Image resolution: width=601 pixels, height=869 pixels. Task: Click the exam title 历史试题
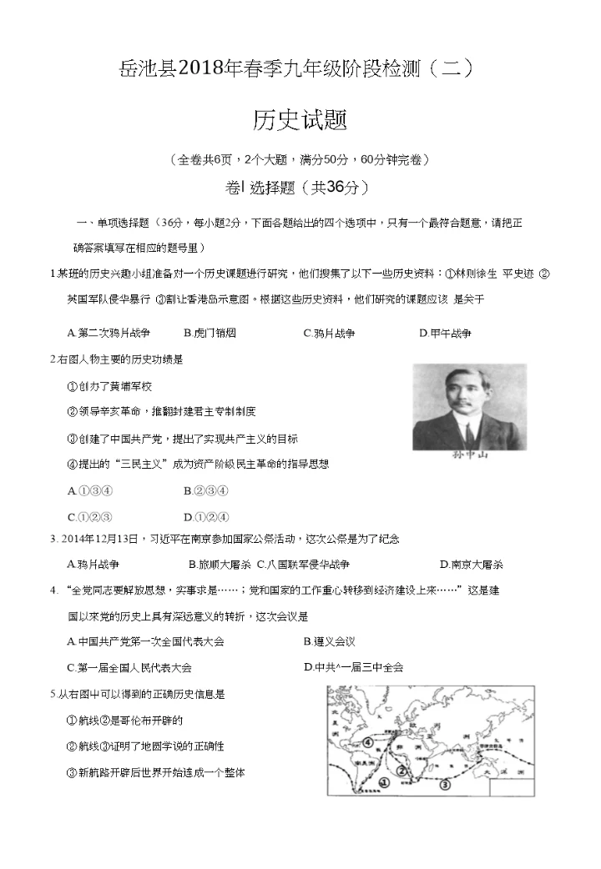(300, 121)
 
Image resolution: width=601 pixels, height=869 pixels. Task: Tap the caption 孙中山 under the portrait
(468, 455)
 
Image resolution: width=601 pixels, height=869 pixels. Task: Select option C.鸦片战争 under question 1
(329, 333)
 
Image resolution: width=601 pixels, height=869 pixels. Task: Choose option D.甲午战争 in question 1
(445, 333)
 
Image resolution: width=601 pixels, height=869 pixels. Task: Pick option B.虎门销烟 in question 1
(210, 333)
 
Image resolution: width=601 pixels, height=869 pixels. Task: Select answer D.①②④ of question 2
(206, 516)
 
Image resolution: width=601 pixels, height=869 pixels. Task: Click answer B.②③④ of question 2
(206, 490)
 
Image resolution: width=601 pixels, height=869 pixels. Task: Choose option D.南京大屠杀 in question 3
(471, 564)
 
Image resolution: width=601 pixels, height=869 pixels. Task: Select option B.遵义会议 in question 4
(330, 641)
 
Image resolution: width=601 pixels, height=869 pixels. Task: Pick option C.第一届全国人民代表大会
(129, 667)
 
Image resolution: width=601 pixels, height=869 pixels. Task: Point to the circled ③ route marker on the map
(445, 784)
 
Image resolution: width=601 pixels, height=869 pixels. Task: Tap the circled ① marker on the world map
(383, 782)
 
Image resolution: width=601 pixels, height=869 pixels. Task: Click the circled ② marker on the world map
(402, 771)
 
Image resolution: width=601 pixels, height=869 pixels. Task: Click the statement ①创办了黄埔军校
(109, 386)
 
